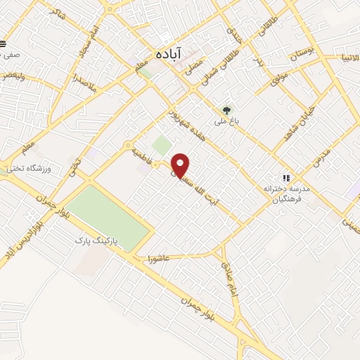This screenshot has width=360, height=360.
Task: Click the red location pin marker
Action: point(181,165)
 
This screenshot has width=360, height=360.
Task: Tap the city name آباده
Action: point(169,53)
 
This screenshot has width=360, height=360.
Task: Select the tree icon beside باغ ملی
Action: point(226,110)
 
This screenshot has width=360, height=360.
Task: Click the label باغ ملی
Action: point(226,121)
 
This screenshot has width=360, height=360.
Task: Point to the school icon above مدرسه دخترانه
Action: point(285,177)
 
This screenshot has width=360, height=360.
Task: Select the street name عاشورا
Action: point(159,259)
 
